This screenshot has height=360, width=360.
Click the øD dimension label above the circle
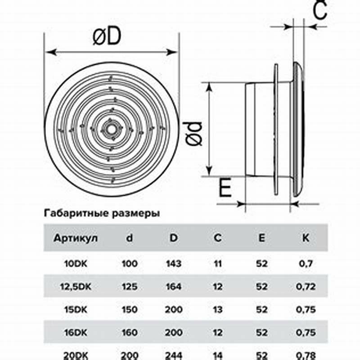click(107, 36)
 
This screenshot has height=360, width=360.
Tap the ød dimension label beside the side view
click(193, 134)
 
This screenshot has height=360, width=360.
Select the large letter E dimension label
click(225, 188)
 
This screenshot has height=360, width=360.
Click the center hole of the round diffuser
click(111, 130)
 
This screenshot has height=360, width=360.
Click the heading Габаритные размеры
click(102, 213)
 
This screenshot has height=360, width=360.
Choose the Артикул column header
click(76, 238)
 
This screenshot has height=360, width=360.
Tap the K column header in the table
click(306, 238)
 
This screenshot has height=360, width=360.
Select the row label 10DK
click(76, 264)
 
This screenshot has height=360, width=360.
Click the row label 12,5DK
click(76, 287)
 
